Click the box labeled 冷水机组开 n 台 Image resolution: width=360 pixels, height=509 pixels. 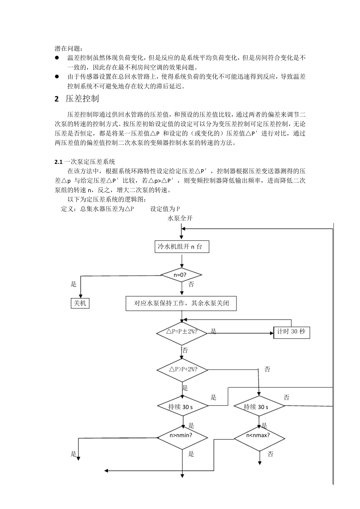click(x=182, y=247)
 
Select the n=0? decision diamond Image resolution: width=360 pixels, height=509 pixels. click(x=182, y=275)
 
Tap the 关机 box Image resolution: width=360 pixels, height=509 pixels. click(x=80, y=303)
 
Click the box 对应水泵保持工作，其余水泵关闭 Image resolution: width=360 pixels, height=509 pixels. click(x=181, y=303)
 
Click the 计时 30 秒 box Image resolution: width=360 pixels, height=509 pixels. click(x=291, y=332)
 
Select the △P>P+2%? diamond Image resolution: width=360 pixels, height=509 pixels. click(x=182, y=369)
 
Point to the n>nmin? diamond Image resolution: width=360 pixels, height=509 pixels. click(x=182, y=436)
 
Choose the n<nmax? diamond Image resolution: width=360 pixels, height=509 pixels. click(x=259, y=436)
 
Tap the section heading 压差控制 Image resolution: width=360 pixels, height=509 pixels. click(x=82, y=99)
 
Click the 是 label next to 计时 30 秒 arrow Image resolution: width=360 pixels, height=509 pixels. click(x=213, y=331)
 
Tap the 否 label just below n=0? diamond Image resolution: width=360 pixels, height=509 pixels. click(x=191, y=284)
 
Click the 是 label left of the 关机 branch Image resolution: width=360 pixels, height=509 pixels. click(x=74, y=284)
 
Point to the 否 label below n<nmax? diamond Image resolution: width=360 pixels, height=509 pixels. click(x=270, y=454)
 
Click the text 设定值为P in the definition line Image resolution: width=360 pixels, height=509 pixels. click(x=165, y=209)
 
